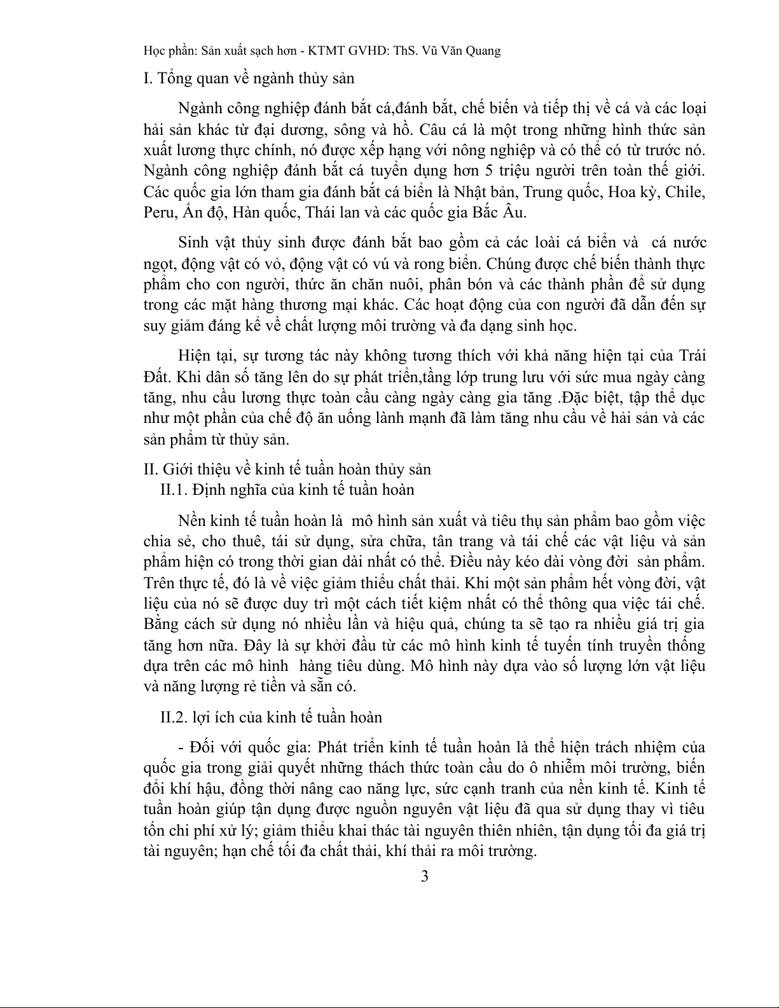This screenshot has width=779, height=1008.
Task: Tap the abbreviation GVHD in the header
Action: coord(350,51)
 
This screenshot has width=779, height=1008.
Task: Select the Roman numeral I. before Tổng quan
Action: coord(148,79)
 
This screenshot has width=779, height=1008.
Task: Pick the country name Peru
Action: coord(157,213)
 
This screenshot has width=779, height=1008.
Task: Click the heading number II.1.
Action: coord(174,490)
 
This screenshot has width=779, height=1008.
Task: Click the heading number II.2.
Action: coord(174,717)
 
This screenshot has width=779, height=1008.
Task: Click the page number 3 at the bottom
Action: coord(425,876)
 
